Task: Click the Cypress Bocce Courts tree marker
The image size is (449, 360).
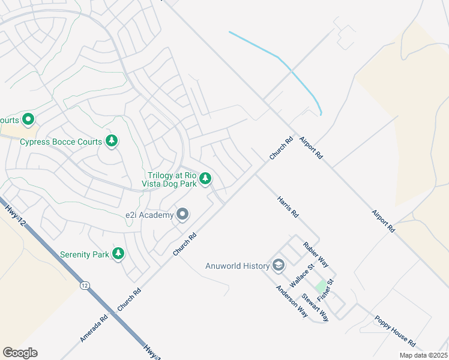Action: coord(111,141)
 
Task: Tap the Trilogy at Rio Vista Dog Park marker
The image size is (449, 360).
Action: coord(205,178)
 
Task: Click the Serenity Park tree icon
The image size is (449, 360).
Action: coord(118,254)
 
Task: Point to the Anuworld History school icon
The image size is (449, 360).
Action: coord(279,265)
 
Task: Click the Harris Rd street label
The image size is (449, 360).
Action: coord(288,206)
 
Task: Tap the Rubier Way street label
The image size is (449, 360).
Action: coord(316,254)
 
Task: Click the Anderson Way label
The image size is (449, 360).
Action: coord(292,300)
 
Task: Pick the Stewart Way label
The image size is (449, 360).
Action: coord(315,307)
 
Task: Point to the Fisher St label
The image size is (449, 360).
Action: coord(325,289)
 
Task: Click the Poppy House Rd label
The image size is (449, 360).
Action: coord(394,331)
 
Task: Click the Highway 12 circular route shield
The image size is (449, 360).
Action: coord(83,286)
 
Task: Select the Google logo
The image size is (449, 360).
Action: coord(20,352)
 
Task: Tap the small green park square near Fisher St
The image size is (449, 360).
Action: coord(322,287)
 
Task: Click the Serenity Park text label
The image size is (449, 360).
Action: coord(85,254)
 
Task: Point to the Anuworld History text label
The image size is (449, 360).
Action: coord(237,266)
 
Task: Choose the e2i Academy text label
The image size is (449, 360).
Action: coord(149,215)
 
